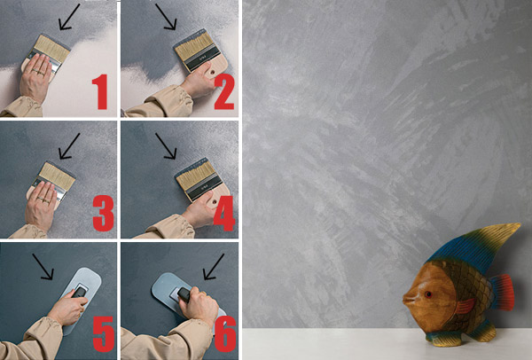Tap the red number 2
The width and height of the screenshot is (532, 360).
click(224, 91)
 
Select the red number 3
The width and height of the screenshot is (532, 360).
click(103, 214)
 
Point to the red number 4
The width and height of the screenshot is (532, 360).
click(224, 214)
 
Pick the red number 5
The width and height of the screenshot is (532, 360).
click(104, 334)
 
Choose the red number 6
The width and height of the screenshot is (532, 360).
click(225, 334)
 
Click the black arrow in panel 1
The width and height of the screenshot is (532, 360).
click(69, 17)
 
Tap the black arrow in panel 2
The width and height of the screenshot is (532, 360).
click(166, 17)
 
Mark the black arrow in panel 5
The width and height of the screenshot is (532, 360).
click(43, 267)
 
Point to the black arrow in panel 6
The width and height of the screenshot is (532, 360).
click(214, 267)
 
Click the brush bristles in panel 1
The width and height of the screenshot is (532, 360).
click(52, 48)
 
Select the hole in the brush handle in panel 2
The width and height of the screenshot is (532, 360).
click(213, 73)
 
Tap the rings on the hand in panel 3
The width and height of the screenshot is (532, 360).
click(44, 200)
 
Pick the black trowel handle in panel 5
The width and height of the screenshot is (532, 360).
click(80, 292)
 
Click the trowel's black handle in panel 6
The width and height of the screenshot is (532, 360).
click(184, 294)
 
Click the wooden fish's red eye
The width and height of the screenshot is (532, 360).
click(428, 294)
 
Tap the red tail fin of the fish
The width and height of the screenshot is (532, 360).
click(503, 293)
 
